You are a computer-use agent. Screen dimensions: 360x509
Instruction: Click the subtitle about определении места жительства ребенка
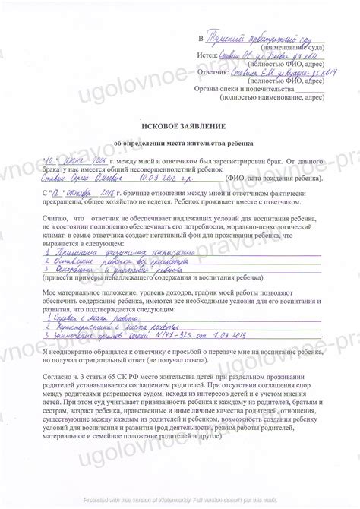pos(179,142)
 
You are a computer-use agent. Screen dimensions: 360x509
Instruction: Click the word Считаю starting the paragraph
pos(49,217)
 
